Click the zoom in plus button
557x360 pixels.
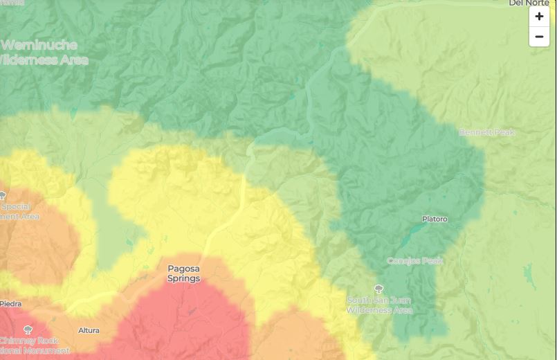tap(539, 17)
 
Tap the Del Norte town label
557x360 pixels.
tap(529, 3)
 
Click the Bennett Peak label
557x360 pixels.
tap(487, 132)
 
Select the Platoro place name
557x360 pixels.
tap(435, 219)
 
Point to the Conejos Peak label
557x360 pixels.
tap(414, 261)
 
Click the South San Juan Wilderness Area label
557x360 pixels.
tap(379, 305)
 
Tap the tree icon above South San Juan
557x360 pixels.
tap(378, 289)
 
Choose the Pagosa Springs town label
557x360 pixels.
tap(183, 273)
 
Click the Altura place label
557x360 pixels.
tap(89, 330)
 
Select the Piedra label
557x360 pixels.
tap(10, 304)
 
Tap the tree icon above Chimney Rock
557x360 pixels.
tap(28, 330)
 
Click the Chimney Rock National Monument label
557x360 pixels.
tap(34, 345)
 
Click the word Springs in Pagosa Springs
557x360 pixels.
tap(183, 278)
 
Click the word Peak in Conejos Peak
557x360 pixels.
tap(432, 261)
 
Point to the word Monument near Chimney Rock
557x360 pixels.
tap(46, 350)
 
